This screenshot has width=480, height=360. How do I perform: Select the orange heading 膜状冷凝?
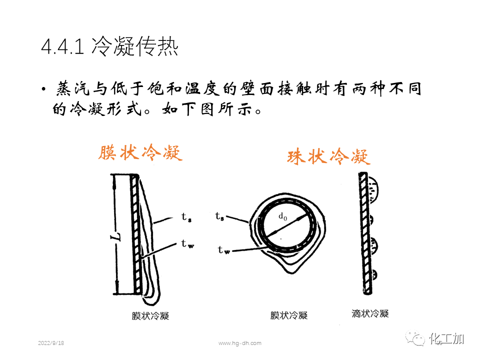140,153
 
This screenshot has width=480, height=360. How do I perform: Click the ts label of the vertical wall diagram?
185,218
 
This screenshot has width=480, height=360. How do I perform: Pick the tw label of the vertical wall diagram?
187,244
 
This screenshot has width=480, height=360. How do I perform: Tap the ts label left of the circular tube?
219,216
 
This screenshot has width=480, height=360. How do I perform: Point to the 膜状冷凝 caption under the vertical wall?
150,315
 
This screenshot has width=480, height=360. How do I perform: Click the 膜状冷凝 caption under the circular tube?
289,315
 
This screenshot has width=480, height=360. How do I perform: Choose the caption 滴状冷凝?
370,313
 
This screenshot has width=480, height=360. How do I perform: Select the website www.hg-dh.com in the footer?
240,343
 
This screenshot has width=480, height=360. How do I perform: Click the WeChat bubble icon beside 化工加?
416,338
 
